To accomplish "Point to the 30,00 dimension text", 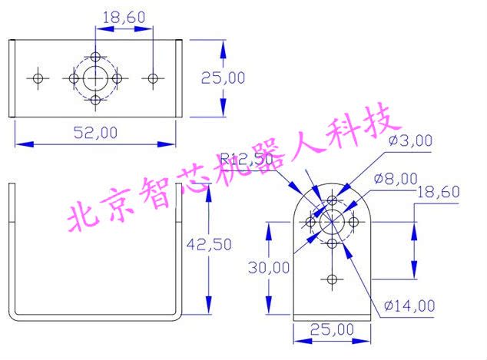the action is coord(271,267).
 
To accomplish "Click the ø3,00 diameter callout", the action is coord(412,140).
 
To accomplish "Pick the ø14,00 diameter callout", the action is coord(412,306).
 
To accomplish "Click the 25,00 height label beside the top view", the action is coord(223,78).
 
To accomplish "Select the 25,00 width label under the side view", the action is coord(333,329).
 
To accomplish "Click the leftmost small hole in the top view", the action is coord(37,78).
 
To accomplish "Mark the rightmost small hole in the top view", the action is coord(153,78).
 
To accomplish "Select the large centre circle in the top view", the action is coord(95,78).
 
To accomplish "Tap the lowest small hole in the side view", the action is coord(332,278).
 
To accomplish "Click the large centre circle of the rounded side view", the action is coord(332,222).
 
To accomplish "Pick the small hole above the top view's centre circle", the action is coord(95,56).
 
